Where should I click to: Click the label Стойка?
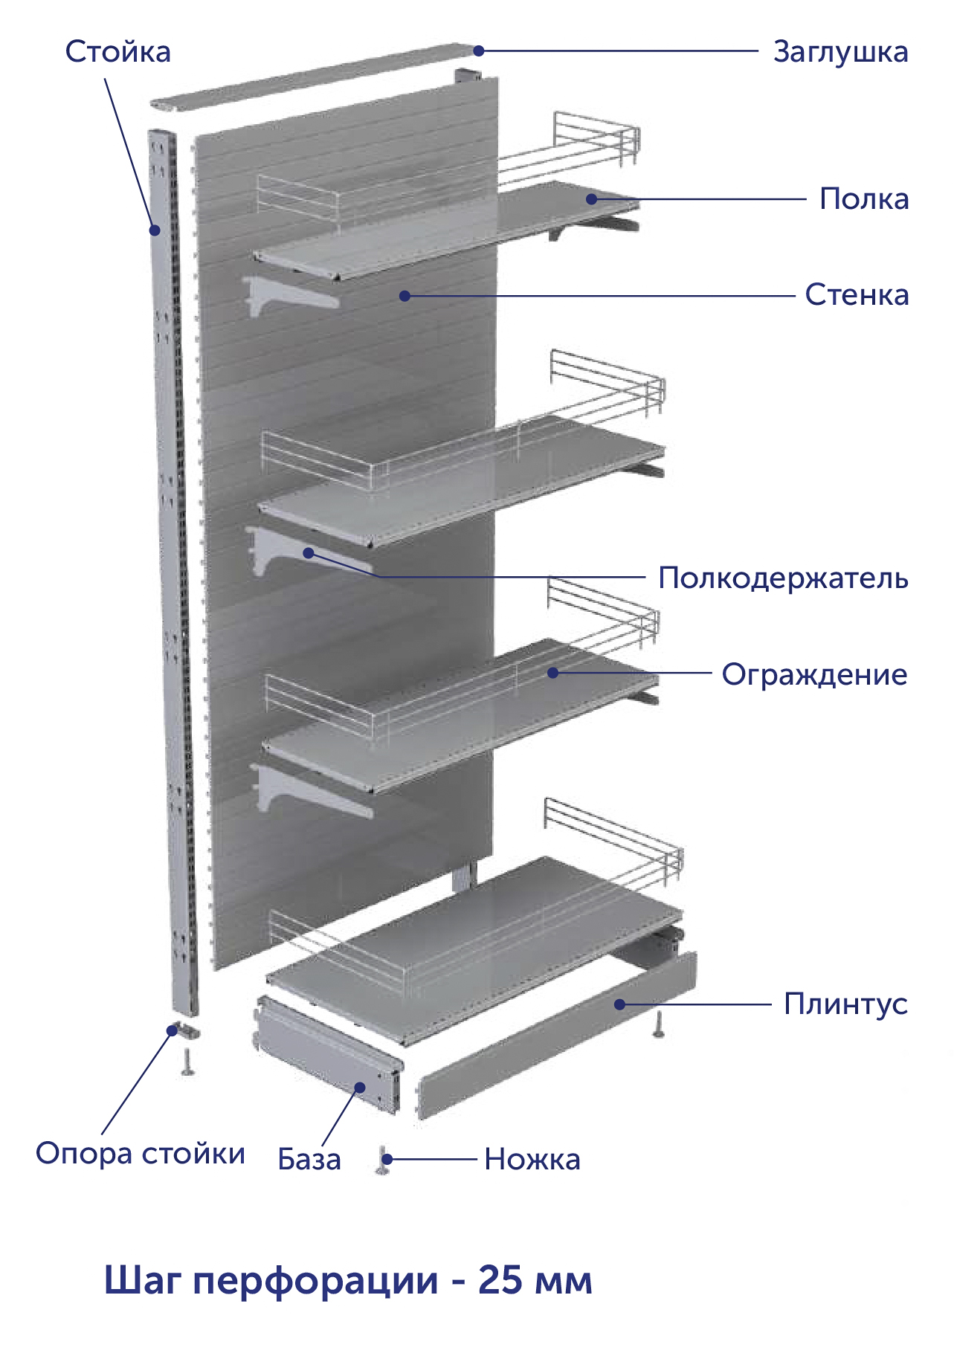[x=117, y=52]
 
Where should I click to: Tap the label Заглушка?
[x=840, y=53]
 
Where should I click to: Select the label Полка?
[x=864, y=199]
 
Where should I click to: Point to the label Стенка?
[x=857, y=295]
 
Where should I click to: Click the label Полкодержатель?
[x=783, y=578]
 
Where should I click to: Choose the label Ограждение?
[x=814, y=675]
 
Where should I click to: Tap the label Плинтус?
[x=845, y=1004]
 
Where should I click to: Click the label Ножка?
[x=532, y=1160]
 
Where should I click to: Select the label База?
[x=309, y=1159]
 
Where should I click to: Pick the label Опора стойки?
[x=141, y=1154]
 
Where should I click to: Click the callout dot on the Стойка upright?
[x=155, y=230]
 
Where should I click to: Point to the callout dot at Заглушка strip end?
[x=479, y=51]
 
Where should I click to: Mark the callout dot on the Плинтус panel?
[x=619, y=1004]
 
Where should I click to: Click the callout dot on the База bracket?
[x=361, y=1088]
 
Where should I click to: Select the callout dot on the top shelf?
[x=592, y=198]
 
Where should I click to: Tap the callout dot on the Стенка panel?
[x=405, y=296]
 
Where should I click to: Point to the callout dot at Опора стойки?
[x=173, y=1030]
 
